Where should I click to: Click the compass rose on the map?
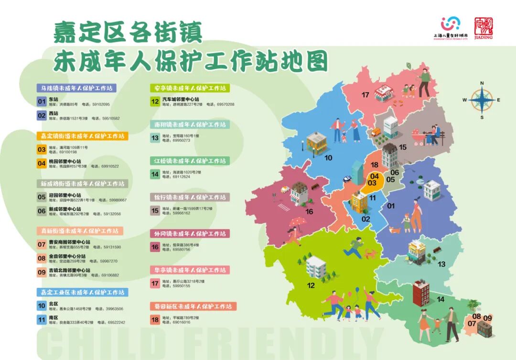click(x=482, y=100)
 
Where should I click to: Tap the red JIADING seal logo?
click(x=484, y=28)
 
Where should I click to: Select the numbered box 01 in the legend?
click(x=42, y=101)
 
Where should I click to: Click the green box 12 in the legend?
click(x=155, y=101)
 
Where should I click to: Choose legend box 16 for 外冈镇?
click(x=155, y=247)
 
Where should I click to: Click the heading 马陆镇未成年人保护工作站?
click(x=77, y=88)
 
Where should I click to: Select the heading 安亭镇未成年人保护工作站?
click(x=190, y=88)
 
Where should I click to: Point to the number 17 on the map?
click(x=365, y=95)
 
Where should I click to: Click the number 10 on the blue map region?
click(x=328, y=157)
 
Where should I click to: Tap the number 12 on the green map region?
click(x=311, y=285)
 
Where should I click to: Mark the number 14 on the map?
click(x=440, y=299)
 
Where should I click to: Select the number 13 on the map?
click(x=441, y=264)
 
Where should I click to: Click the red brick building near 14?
click(x=421, y=292)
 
